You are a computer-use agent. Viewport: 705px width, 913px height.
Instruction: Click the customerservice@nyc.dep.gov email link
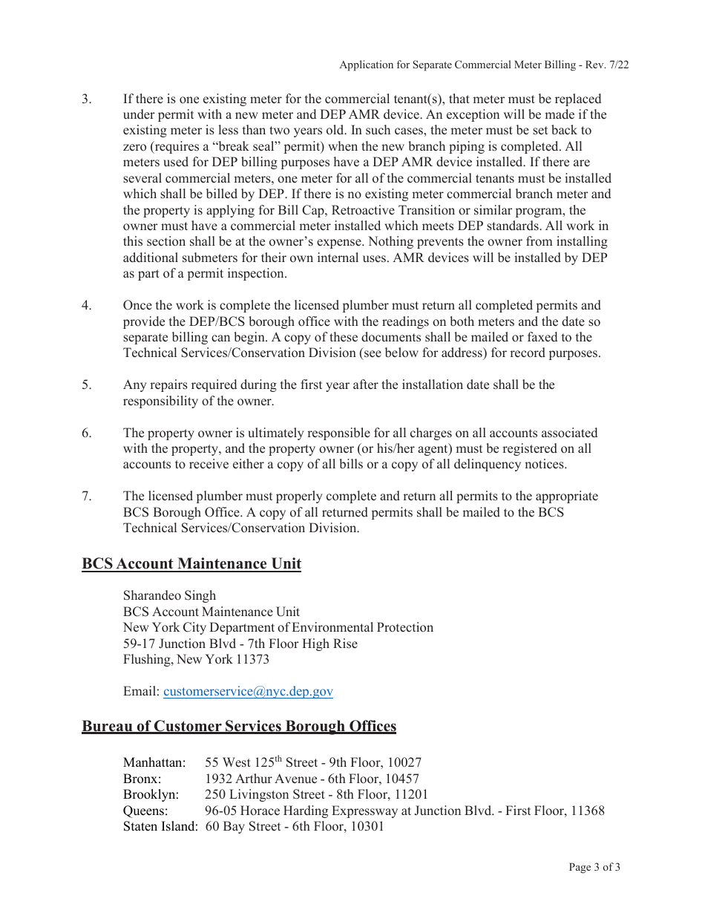point(248,691)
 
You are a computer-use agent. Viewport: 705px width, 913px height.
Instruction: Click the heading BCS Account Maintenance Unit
point(191,563)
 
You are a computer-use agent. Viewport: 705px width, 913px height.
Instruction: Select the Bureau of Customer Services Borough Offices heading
point(239,726)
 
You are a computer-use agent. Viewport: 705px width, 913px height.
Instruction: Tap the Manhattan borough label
point(154,762)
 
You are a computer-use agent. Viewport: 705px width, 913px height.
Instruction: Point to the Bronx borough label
point(142,779)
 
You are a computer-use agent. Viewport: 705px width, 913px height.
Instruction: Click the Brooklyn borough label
point(151,794)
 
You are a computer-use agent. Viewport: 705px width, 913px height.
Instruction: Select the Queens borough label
point(145,811)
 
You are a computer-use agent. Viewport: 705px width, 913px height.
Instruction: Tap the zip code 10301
point(367,826)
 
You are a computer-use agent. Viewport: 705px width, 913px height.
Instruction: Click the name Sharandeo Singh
point(169,595)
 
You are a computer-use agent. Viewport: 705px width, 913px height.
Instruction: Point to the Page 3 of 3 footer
point(594,867)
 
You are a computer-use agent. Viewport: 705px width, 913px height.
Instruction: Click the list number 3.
point(86,99)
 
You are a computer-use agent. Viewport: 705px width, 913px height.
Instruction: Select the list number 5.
point(86,384)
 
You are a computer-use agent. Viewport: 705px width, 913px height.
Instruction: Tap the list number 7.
point(86,496)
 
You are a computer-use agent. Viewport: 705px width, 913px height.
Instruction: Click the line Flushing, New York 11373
point(196,659)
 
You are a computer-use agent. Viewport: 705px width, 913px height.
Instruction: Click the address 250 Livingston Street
point(269,794)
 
